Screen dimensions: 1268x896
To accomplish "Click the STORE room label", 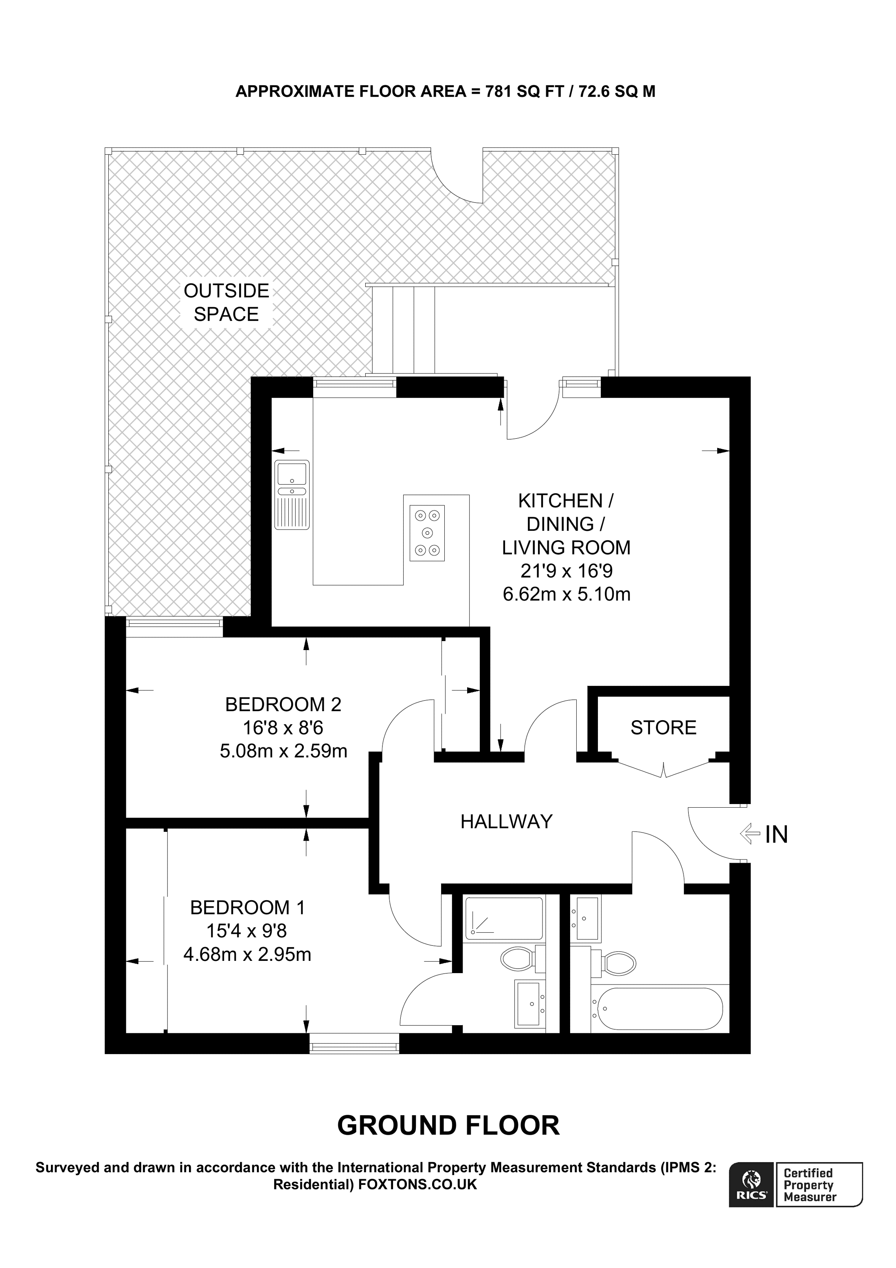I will tap(663, 727).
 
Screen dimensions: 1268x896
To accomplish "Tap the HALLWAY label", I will tap(506, 821).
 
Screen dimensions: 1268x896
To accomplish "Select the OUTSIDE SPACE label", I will tap(226, 302).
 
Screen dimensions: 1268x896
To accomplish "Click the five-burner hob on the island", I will tap(427, 533).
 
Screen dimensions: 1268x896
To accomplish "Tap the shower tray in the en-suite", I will tap(503, 918).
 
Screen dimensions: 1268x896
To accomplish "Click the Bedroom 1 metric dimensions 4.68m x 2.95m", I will tap(247, 954).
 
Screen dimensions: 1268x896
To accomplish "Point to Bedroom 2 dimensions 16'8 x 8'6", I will tap(283, 728).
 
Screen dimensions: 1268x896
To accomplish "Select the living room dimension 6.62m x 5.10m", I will tap(567, 594).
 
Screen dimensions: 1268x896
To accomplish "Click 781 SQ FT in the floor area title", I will tap(525, 91).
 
